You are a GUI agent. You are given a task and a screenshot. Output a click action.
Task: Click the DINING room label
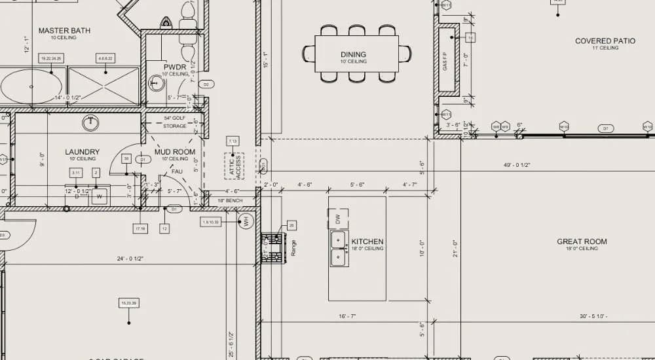tap(353, 54)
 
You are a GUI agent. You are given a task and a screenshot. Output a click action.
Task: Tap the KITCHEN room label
tap(367, 242)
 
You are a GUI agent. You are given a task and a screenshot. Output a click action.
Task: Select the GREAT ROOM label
tap(582, 242)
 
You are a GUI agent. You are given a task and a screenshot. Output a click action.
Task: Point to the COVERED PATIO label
tap(605, 41)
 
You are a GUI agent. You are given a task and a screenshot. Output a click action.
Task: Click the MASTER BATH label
tap(64, 31)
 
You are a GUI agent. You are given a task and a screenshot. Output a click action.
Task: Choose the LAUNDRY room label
tap(82, 152)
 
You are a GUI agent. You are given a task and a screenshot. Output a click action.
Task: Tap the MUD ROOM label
tap(175, 152)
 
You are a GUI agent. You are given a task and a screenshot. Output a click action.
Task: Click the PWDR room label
tap(175, 67)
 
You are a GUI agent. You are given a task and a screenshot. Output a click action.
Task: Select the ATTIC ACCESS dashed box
tap(234, 166)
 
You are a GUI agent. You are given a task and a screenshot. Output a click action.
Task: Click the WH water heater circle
tap(246, 221)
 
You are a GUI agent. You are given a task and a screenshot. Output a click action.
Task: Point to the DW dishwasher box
tap(338, 219)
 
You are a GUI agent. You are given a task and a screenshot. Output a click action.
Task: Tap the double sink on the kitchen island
tap(339, 249)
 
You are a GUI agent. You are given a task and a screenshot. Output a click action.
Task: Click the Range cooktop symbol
tap(272, 248)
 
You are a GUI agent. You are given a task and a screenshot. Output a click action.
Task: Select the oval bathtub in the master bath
tap(30, 86)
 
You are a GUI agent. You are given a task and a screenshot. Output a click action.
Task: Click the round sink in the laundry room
tap(90, 122)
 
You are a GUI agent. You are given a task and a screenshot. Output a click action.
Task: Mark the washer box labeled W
tap(100, 195)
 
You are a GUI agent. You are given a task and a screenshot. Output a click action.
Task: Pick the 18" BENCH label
tap(230, 200)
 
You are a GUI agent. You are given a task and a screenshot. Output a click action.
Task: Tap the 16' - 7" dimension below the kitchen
tap(347, 316)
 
